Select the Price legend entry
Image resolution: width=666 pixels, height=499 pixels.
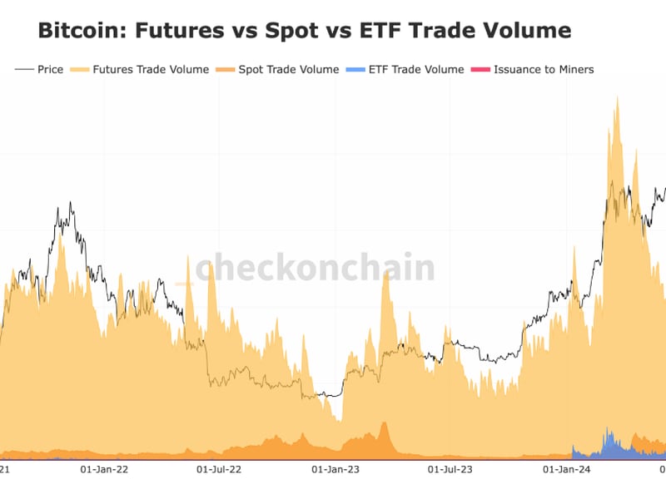click(x=50, y=70)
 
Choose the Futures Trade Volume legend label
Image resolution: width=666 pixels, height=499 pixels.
click(x=151, y=70)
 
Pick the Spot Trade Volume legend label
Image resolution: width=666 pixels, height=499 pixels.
click(x=288, y=70)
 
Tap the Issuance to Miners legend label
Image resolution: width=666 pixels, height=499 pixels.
click(x=544, y=70)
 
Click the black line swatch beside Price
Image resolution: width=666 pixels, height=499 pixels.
click(x=24, y=70)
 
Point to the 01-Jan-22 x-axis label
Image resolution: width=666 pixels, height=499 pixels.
click(x=104, y=470)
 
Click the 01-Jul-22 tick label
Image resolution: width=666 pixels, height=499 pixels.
click(x=218, y=470)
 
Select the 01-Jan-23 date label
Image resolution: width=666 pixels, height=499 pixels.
click(x=335, y=470)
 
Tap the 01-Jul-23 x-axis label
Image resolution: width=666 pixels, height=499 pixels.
click(x=450, y=470)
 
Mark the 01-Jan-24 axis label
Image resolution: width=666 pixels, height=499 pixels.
click(x=567, y=470)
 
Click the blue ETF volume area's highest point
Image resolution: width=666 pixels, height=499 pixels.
click(x=609, y=429)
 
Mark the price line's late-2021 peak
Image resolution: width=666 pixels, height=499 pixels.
click(x=71, y=202)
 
